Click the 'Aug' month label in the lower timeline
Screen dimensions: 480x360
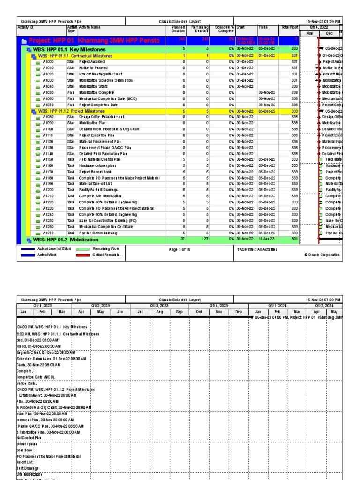coord(160,311)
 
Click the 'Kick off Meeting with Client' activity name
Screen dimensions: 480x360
coord(101,74)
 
